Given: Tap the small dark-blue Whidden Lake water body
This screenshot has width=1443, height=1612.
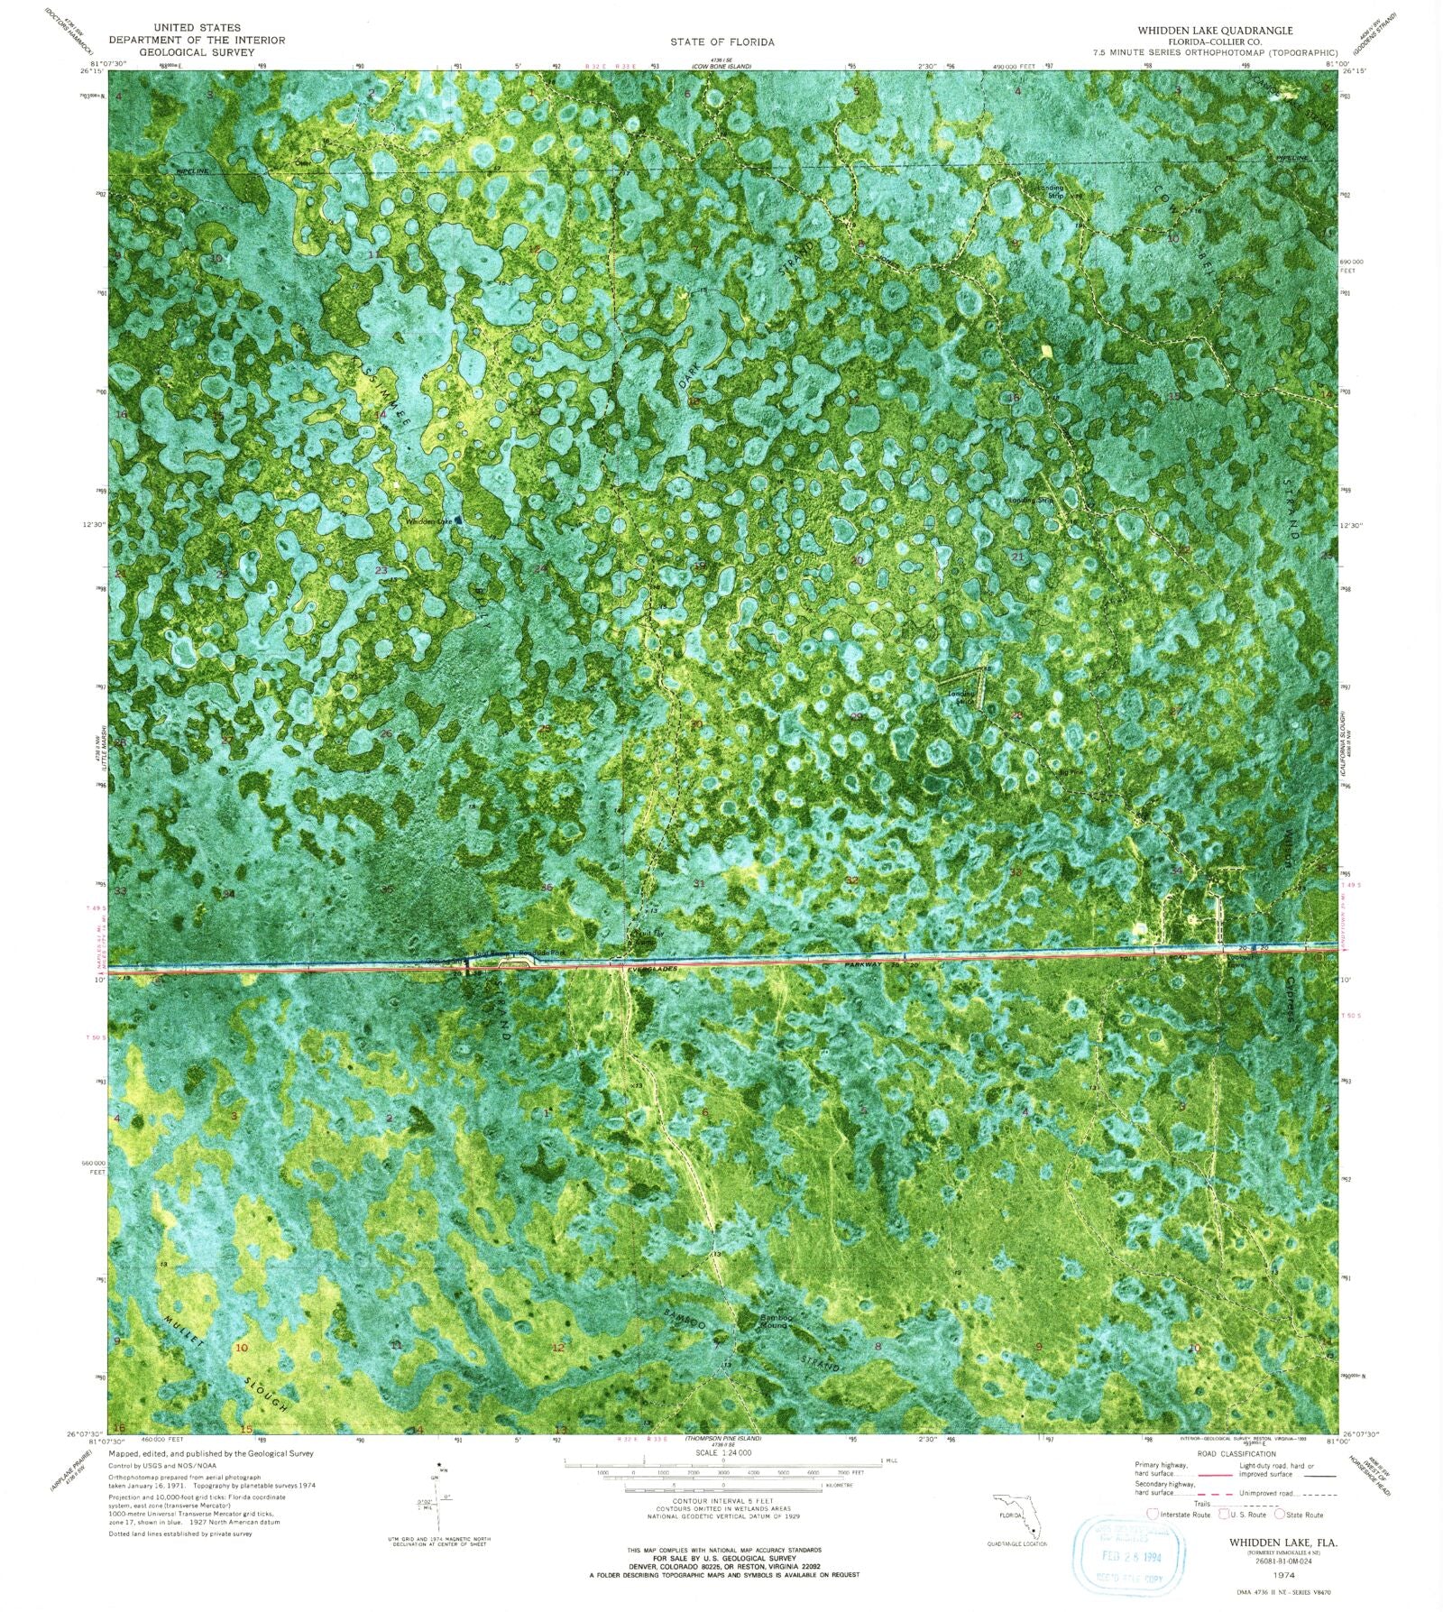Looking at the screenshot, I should pyautogui.click(x=459, y=520).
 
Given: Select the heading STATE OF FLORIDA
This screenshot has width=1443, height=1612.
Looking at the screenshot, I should pyautogui.click(x=721, y=41).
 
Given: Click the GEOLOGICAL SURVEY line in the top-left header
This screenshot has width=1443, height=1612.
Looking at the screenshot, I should pyautogui.click(x=197, y=52).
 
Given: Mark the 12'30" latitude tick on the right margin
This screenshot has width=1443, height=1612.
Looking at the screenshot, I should pyautogui.click(x=1351, y=524).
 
